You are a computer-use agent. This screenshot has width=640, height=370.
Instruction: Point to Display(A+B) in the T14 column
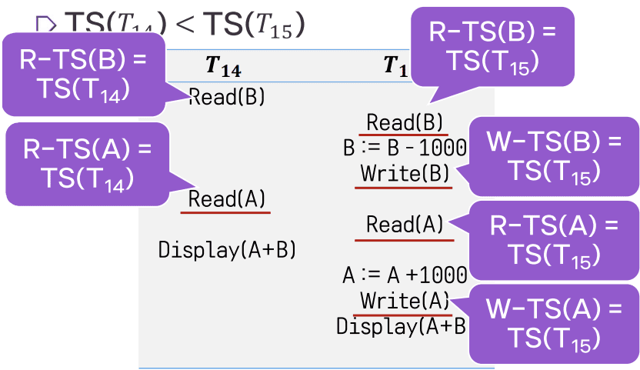[x=227, y=249]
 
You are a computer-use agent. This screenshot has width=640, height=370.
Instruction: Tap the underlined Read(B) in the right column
[x=405, y=122]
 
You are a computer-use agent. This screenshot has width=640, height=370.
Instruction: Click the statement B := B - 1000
[x=405, y=148]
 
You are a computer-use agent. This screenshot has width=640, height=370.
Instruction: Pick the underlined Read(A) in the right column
[x=405, y=225]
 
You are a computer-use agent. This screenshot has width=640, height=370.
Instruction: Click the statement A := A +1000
[x=405, y=275]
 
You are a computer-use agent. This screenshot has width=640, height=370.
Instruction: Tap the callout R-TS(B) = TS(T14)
[x=85, y=74]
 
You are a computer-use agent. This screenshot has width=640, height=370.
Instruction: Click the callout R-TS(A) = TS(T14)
[x=86, y=163]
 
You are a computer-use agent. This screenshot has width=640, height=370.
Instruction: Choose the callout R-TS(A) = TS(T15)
[x=554, y=239]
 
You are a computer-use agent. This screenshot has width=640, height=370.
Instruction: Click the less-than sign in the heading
[x=187, y=25]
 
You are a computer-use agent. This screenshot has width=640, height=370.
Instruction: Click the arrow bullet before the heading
[x=46, y=25]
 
